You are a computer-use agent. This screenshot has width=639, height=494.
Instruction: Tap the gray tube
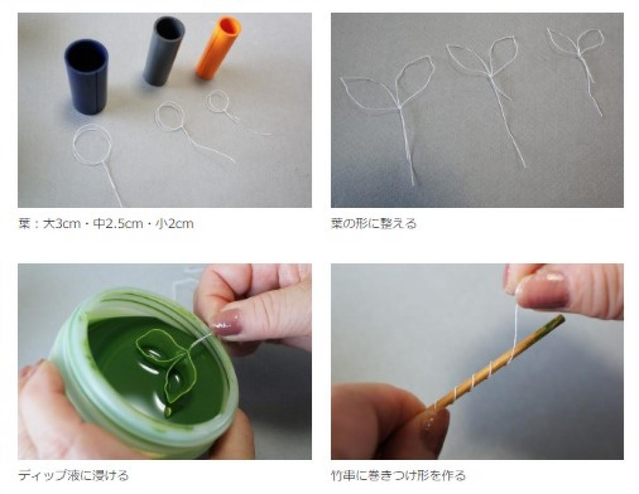[164, 51]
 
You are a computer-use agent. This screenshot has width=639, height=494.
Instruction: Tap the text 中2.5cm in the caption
[118, 224]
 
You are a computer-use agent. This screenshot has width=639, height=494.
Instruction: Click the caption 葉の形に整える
[373, 224]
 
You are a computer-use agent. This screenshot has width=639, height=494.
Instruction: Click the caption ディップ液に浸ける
[73, 475]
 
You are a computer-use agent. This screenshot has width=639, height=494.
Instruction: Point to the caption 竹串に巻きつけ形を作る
[398, 475]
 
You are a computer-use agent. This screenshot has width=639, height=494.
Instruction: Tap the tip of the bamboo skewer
[562, 317]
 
